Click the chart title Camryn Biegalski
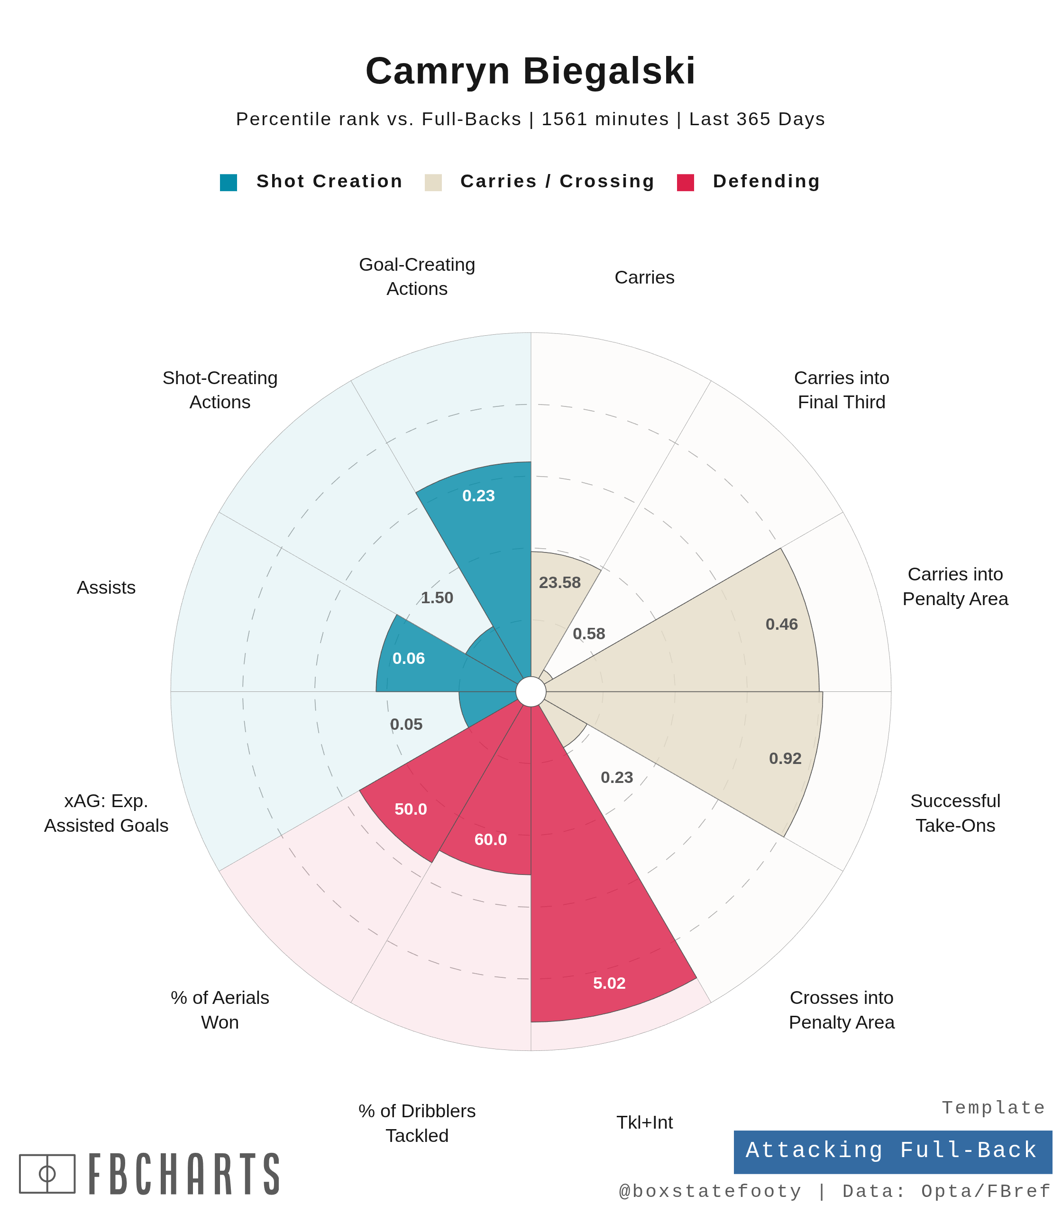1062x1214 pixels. (x=531, y=71)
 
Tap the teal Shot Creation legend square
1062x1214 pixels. (x=228, y=182)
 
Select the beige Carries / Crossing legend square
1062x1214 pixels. (x=433, y=182)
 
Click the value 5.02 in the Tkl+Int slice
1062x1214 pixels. (x=609, y=984)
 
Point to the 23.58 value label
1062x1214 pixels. (x=559, y=583)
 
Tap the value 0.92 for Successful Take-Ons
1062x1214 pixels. (x=785, y=759)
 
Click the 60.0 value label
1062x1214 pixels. (x=491, y=839)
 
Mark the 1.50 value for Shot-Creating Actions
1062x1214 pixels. (x=437, y=598)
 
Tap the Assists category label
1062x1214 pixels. (x=106, y=588)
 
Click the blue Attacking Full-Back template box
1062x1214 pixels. (x=892, y=1150)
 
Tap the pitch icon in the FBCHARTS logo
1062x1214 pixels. (x=47, y=1174)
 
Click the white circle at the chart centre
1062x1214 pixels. (x=531, y=692)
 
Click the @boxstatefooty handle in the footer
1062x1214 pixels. (x=709, y=1191)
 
